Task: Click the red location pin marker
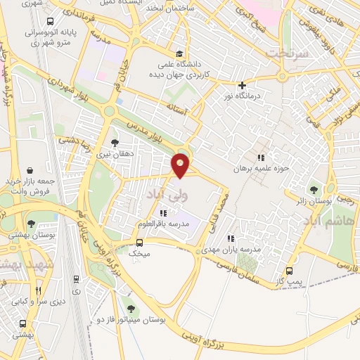point(181,165)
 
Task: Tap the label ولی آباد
point(162,191)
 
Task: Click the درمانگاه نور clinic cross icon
point(242,85)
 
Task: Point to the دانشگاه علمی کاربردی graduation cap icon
point(181,54)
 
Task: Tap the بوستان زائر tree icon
point(314,189)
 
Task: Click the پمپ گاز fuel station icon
point(289,271)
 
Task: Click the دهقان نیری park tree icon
point(115,143)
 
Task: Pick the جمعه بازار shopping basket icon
point(30,169)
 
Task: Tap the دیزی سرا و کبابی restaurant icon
point(39,290)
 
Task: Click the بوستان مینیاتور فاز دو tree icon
point(129,308)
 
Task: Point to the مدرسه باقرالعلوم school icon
point(164,213)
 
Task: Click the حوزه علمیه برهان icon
point(262,158)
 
